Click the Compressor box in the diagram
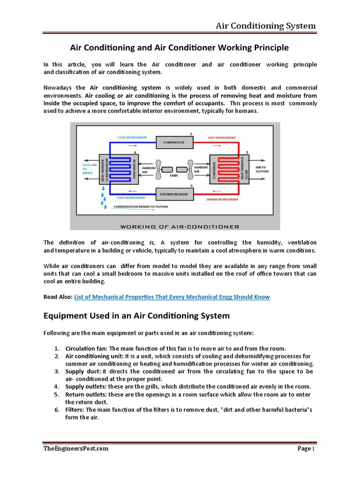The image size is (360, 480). tap(174, 142)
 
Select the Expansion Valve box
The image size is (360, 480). tap(174, 193)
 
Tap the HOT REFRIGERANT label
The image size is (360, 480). tap(222, 138)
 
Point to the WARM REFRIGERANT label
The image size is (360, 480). tap(223, 199)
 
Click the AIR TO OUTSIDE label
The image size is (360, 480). tap(261, 169)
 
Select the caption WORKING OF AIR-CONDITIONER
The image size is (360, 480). tap(180, 226)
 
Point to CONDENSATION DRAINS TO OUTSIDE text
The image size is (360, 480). tap(139, 207)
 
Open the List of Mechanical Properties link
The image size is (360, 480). tap(172, 297)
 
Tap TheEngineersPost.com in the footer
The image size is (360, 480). tap(75, 448)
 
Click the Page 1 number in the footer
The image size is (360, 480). tap(306, 449)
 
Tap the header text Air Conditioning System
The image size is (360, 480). tap(265, 25)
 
